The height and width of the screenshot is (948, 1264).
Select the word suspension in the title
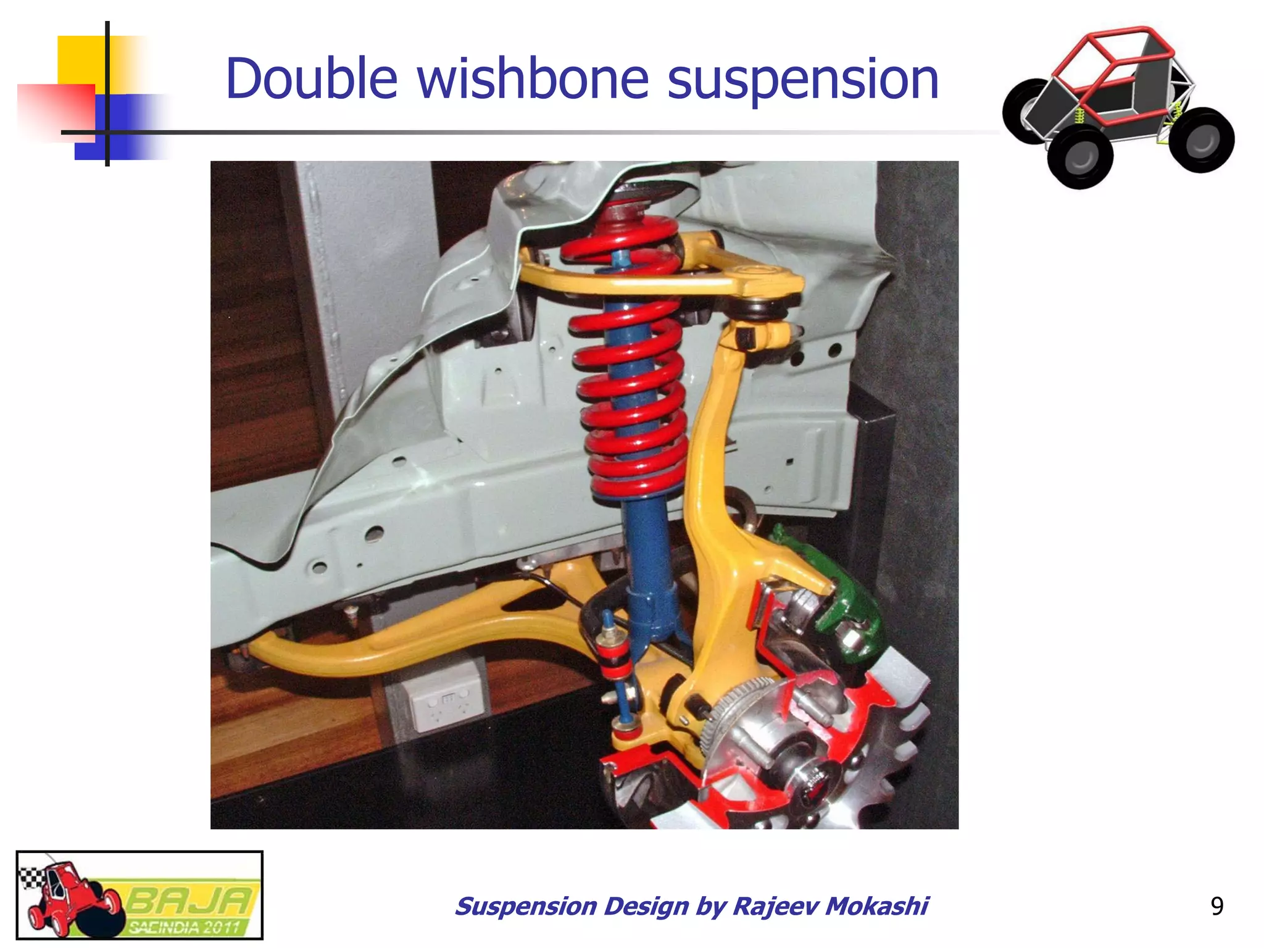click(x=803, y=80)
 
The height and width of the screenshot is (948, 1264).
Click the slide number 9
click(x=1216, y=906)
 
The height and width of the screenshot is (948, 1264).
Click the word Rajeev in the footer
click(x=775, y=906)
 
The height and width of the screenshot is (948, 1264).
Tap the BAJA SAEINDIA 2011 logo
click(x=139, y=895)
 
